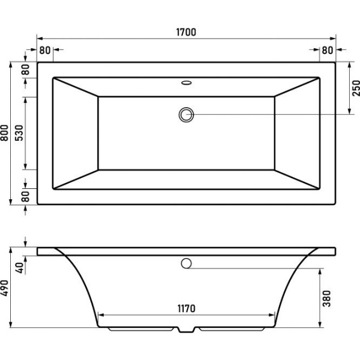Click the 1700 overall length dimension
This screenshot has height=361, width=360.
click(x=186, y=32)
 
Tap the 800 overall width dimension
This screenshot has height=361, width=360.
click(x=4, y=133)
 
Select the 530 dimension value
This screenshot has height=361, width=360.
click(x=19, y=133)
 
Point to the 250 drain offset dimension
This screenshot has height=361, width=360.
click(x=356, y=88)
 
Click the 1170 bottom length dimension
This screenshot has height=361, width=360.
click(x=186, y=309)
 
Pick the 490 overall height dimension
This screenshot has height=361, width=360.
click(x=4, y=288)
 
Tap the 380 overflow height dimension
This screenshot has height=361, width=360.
click(x=327, y=298)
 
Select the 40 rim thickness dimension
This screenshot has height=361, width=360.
click(x=20, y=268)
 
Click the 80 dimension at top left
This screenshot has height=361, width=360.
click(x=45, y=50)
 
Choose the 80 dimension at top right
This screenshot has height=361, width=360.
click(x=328, y=50)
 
